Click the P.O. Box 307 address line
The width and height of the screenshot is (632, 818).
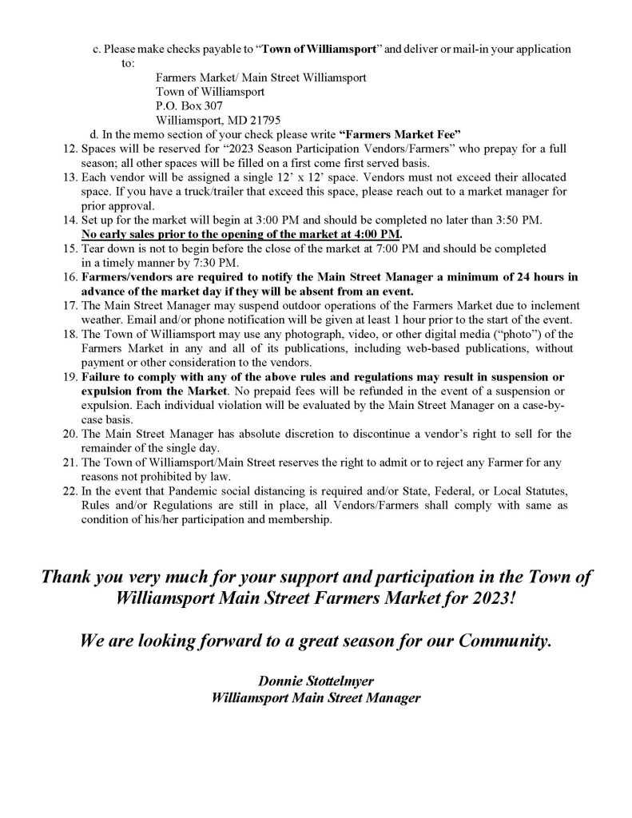coord(189,105)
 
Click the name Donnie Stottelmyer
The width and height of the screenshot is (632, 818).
coord(312,681)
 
